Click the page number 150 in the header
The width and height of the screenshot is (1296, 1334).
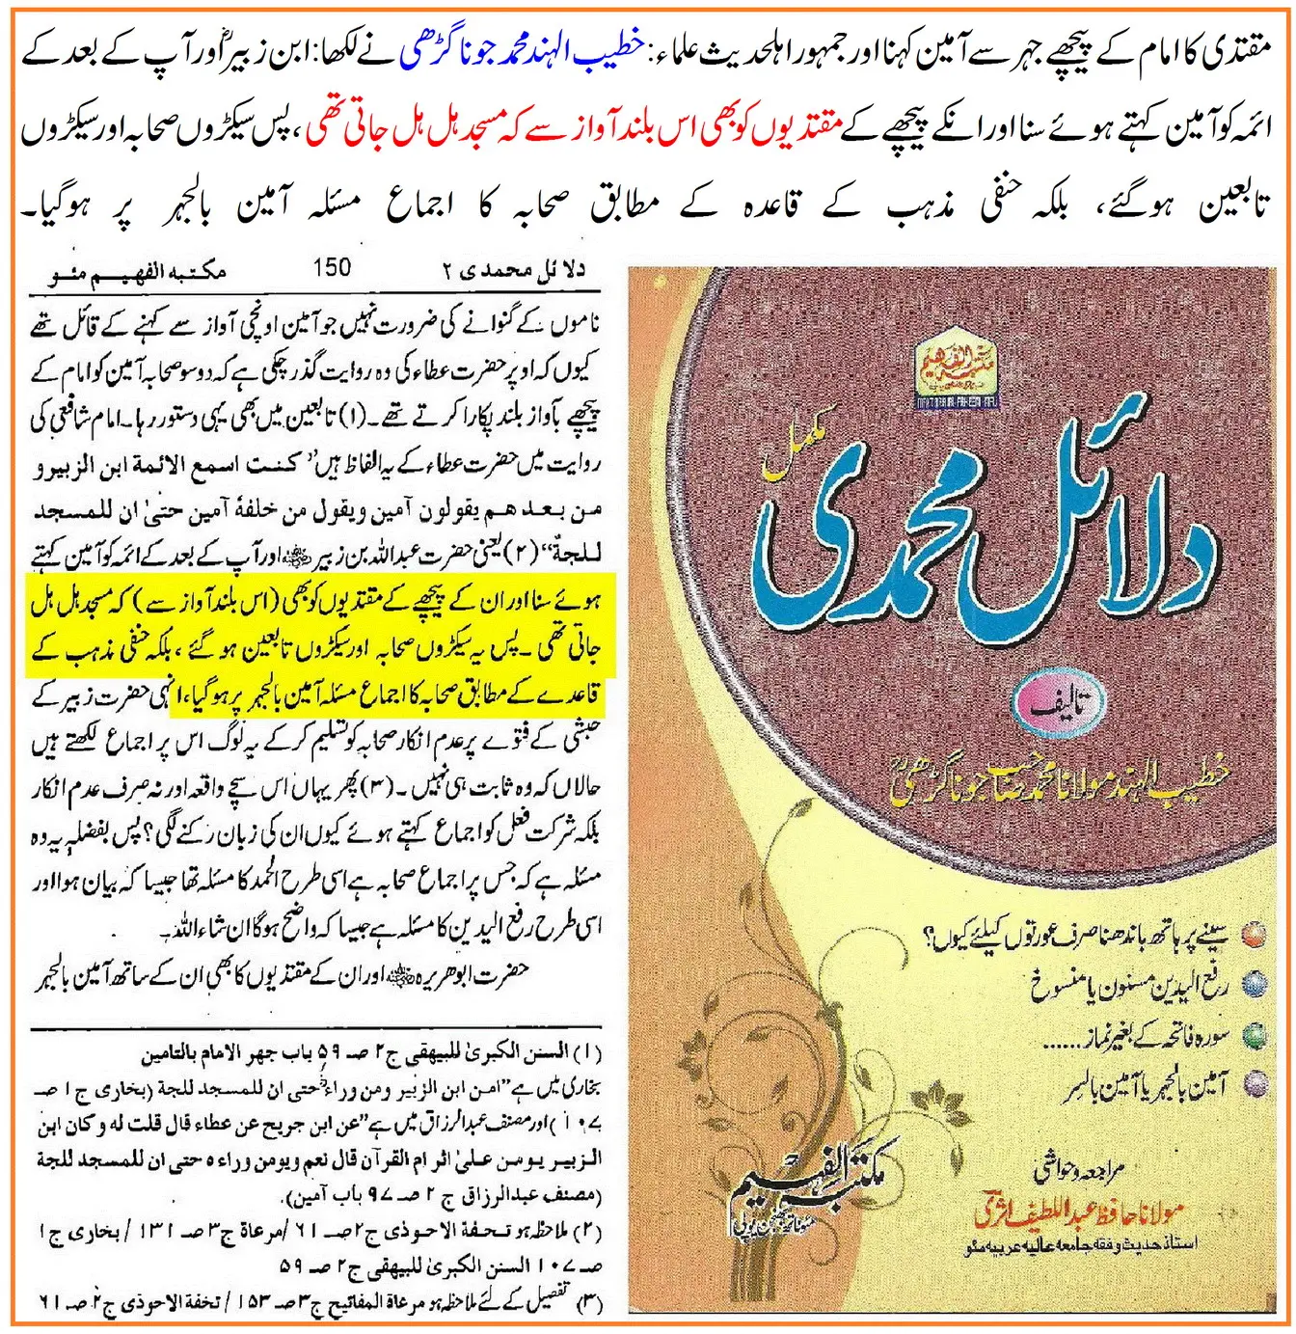[x=332, y=267]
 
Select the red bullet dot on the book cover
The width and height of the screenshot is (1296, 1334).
[x=1253, y=935]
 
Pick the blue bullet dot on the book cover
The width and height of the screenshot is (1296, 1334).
[x=1253, y=984]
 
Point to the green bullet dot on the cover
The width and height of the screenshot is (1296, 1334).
[x=1253, y=1035]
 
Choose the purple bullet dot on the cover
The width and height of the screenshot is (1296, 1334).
[x=1253, y=1084]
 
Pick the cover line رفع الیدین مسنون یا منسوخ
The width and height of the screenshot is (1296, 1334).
[x=1128, y=985]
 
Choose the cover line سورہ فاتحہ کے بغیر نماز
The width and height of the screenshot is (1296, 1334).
[x=1147, y=1037]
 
